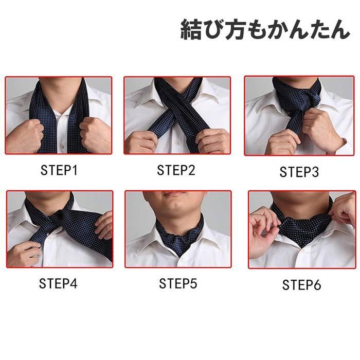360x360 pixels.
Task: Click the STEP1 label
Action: click(x=59, y=170)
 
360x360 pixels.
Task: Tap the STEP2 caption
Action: click(x=176, y=170)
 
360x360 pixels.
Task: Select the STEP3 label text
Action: click(x=299, y=172)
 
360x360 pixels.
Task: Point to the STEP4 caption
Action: click(x=58, y=283)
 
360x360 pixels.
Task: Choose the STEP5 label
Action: click(x=178, y=283)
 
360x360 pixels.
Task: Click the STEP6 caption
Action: click(x=301, y=285)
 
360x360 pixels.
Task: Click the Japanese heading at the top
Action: click(x=265, y=29)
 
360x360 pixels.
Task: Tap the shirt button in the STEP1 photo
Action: click(x=62, y=146)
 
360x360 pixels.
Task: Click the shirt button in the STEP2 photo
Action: click(x=177, y=143)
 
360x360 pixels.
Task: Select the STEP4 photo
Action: click(x=60, y=229)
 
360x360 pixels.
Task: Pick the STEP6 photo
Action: click(x=302, y=229)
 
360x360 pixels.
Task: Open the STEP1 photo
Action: click(x=59, y=115)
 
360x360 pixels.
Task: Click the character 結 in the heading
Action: click(x=191, y=30)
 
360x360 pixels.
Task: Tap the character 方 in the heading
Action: click(x=235, y=30)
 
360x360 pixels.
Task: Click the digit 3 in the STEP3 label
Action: click(x=315, y=172)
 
